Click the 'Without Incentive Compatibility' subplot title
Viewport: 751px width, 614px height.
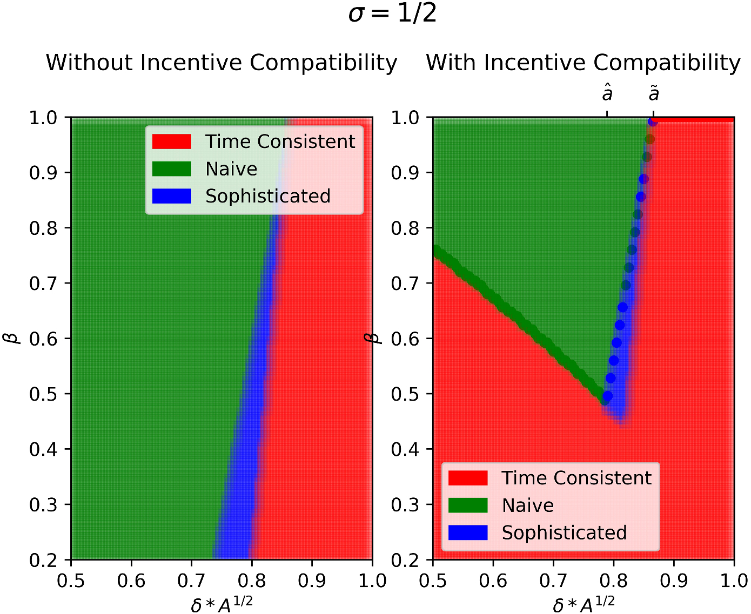click(x=222, y=63)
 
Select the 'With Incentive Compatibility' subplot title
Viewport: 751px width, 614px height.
click(x=583, y=63)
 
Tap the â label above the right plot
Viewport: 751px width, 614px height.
click(x=607, y=94)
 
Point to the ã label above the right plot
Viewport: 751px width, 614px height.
click(x=654, y=94)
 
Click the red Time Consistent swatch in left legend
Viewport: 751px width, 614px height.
click(x=172, y=141)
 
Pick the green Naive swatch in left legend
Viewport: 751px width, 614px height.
click(x=172, y=169)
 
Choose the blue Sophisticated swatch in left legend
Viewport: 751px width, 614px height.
click(x=172, y=196)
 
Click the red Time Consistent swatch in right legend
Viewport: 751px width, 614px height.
click(x=468, y=478)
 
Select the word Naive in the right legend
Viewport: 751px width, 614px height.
click(x=527, y=505)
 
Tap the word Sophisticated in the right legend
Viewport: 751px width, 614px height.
click(x=564, y=532)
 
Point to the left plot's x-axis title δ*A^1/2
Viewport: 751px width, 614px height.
click(x=222, y=604)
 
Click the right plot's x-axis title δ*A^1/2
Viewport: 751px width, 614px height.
click(x=584, y=604)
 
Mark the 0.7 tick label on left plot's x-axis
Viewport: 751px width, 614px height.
click(x=191, y=581)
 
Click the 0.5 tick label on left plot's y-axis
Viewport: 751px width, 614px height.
click(x=44, y=394)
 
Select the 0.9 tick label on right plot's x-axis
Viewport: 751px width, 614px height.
click(x=674, y=581)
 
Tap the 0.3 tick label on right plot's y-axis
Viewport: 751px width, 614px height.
click(x=406, y=504)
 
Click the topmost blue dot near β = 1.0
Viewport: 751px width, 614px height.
click(x=653, y=122)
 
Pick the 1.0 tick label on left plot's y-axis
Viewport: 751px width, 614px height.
click(x=44, y=118)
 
